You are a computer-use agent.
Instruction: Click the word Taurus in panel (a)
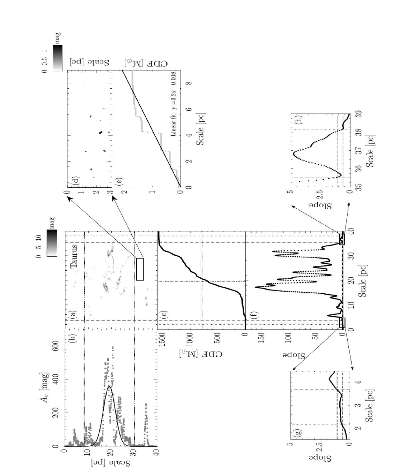coord(74,256)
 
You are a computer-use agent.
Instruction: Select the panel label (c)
coord(164,316)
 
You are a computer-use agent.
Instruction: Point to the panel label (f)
coord(254,316)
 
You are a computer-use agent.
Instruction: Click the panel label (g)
coord(298,432)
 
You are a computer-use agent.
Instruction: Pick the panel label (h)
coord(299,120)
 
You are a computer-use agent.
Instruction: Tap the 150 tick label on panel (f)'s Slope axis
coord(261,337)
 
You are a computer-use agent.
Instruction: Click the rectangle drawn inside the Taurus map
coord(140,269)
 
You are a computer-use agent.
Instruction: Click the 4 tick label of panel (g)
coord(358,382)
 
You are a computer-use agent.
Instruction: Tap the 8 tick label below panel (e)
coord(189,83)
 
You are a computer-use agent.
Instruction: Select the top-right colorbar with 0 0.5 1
coord(58,58)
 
